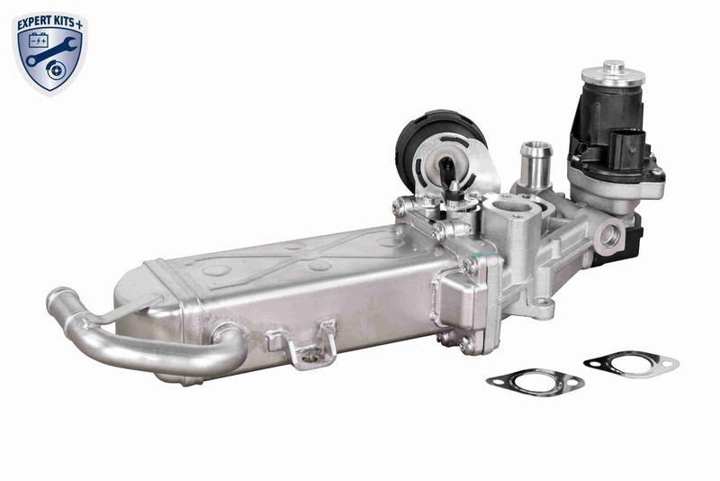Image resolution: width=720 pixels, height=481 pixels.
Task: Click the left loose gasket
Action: [x=535, y=381]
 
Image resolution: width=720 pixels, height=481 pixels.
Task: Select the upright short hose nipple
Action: [x=535, y=159]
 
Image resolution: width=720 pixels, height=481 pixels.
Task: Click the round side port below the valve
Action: [x=610, y=236]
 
